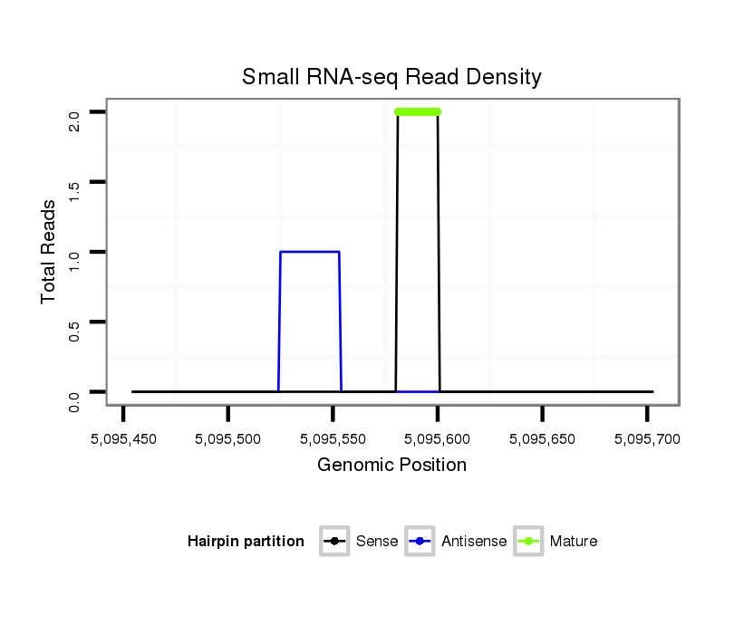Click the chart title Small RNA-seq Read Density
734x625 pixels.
click(x=391, y=77)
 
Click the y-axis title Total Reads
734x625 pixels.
click(x=50, y=252)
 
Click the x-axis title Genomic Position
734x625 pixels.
click(x=391, y=466)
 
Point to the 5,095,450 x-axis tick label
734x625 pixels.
click(x=123, y=439)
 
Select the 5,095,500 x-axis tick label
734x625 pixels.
click(x=228, y=439)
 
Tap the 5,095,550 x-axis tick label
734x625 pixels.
click(x=333, y=439)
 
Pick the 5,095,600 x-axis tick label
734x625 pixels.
click(x=438, y=439)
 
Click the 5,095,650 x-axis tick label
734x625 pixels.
click(x=542, y=439)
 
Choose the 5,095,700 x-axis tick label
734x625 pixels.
click(x=647, y=439)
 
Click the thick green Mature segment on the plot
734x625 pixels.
click(x=418, y=112)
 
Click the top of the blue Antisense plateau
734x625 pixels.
click(x=310, y=252)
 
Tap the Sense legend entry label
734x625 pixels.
click(x=377, y=542)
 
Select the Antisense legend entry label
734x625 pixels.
click(x=474, y=542)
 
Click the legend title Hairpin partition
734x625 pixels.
click(x=246, y=542)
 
